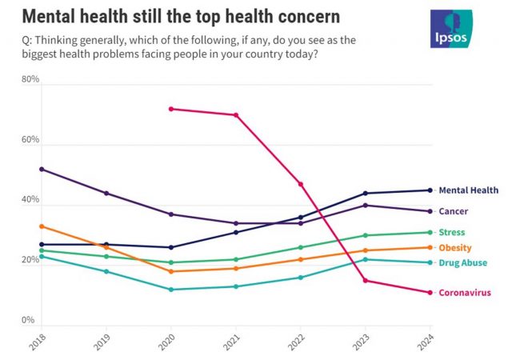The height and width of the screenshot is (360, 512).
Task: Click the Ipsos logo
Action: click(x=451, y=29)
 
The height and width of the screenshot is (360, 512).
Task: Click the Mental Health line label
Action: click(x=468, y=190)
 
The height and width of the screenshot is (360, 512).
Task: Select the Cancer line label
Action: click(x=453, y=211)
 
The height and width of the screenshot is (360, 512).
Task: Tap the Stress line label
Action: click(x=452, y=232)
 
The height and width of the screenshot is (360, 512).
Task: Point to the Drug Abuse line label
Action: click(x=462, y=262)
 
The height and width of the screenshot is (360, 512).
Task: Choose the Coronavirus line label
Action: click(x=466, y=293)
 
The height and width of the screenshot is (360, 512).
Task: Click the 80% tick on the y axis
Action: click(x=30, y=80)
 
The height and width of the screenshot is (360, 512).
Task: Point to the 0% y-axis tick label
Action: click(x=27, y=320)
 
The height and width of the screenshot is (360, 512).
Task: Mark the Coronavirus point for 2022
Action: click(x=301, y=184)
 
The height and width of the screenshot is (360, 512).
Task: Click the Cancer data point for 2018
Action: click(x=42, y=169)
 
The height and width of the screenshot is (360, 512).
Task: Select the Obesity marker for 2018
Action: click(x=42, y=226)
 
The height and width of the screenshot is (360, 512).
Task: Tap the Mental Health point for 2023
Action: click(x=366, y=193)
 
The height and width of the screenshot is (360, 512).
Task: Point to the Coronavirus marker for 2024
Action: click(x=430, y=293)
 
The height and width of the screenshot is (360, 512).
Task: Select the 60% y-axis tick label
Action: click(x=30, y=140)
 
